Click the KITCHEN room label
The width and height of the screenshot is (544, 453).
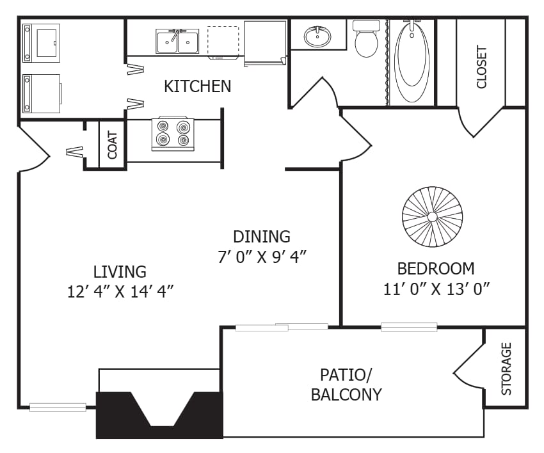coord(197,86)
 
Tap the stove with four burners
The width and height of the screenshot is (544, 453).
coord(173,134)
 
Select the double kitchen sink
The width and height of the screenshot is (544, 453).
coord(178,41)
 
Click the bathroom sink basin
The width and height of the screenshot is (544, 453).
coord(317,36)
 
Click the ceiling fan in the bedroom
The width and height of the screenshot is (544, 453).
coord(432,217)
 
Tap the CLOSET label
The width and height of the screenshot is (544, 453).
coord(482,67)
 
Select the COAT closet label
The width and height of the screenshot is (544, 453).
coord(113,145)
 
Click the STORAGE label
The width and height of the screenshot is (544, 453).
coord(506,369)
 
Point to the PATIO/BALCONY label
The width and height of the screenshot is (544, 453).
coord(346,385)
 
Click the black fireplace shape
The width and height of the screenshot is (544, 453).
coord(159,415)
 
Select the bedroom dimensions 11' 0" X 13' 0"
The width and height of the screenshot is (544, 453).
coord(436,289)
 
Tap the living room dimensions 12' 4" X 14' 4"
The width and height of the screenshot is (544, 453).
coord(120,291)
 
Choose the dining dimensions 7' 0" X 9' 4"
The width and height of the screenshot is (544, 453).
coord(262,257)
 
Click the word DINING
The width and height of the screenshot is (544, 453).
coord(262,237)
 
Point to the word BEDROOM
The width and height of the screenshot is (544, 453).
coord(436,268)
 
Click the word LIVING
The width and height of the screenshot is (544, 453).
coord(120,271)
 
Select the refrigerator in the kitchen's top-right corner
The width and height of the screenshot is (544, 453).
coord(264,42)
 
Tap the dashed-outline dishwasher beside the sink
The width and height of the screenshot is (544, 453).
coord(223,42)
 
